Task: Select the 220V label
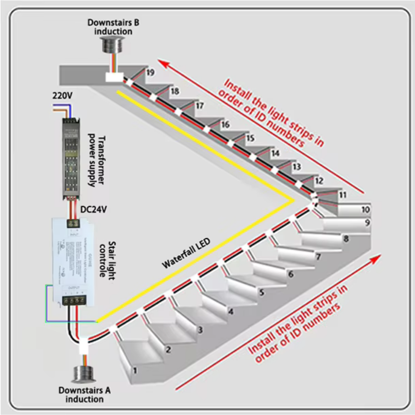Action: tap(62, 96)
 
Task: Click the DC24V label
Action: tap(93, 210)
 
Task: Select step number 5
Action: tap(261, 292)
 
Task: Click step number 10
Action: tap(365, 210)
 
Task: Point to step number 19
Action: tap(151, 73)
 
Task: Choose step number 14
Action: tap(275, 153)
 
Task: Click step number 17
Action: tap(200, 106)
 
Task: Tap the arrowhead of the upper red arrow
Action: tap(163, 63)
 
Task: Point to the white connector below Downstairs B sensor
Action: tap(114, 77)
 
